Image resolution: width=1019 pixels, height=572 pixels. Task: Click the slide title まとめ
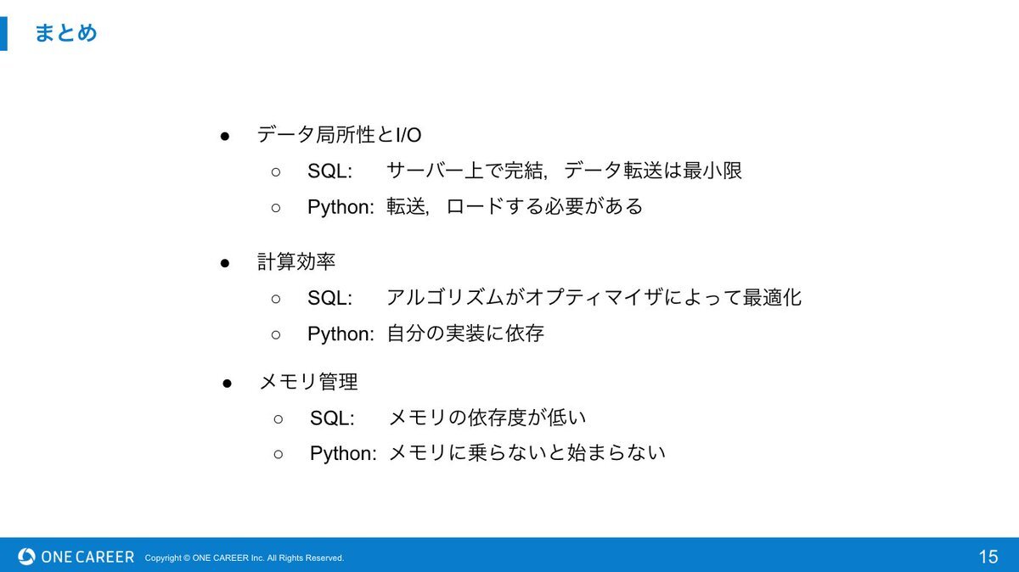(x=66, y=33)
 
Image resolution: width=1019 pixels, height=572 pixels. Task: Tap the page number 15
(x=988, y=557)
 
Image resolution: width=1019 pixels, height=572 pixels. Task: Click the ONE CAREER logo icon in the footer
(x=26, y=557)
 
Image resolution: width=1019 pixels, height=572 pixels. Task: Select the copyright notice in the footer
(x=245, y=558)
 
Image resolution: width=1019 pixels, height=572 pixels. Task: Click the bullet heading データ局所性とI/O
(x=339, y=135)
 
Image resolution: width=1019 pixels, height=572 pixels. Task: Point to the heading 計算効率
(x=296, y=262)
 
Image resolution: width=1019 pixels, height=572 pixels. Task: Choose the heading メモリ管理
(x=308, y=382)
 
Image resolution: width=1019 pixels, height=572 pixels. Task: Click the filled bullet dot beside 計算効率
(x=225, y=263)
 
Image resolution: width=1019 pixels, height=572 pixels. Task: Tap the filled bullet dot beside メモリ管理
(x=227, y=384)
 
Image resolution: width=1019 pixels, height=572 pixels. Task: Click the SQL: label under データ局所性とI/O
(x=329, y=171)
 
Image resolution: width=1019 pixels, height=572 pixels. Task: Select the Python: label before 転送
(x=341, y=207)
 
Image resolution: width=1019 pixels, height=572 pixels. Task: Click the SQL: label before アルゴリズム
(x=329, y=298)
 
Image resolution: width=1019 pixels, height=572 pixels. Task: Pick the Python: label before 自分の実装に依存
(x=341, y=334)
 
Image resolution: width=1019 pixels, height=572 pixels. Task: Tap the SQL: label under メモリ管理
(x=332, y=418)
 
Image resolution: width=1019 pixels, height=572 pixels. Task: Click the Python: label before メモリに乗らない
(x=343, y=454)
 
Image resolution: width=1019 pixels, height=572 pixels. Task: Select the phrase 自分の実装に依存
(x=465, y=334)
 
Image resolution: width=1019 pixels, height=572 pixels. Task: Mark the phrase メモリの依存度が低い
(x=487, y=418)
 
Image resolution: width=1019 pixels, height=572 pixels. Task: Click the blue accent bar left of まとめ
(x=3, y=34)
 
